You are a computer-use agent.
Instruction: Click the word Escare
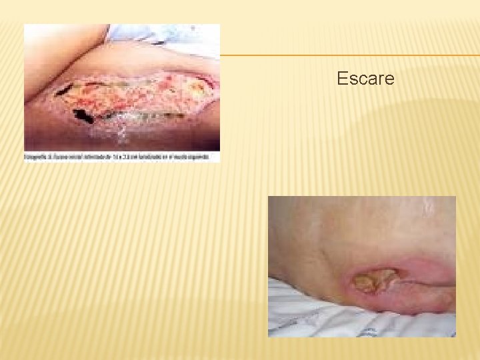[365, 79]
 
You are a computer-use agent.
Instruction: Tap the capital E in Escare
[342, 79]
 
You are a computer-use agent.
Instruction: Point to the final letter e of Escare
[389, 80]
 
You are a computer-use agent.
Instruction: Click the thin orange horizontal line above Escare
[347, 55]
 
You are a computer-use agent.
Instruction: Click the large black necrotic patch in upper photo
[83, 116]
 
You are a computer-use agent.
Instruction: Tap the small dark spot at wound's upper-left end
[64, 88]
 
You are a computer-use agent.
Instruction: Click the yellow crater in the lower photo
[375, 281]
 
